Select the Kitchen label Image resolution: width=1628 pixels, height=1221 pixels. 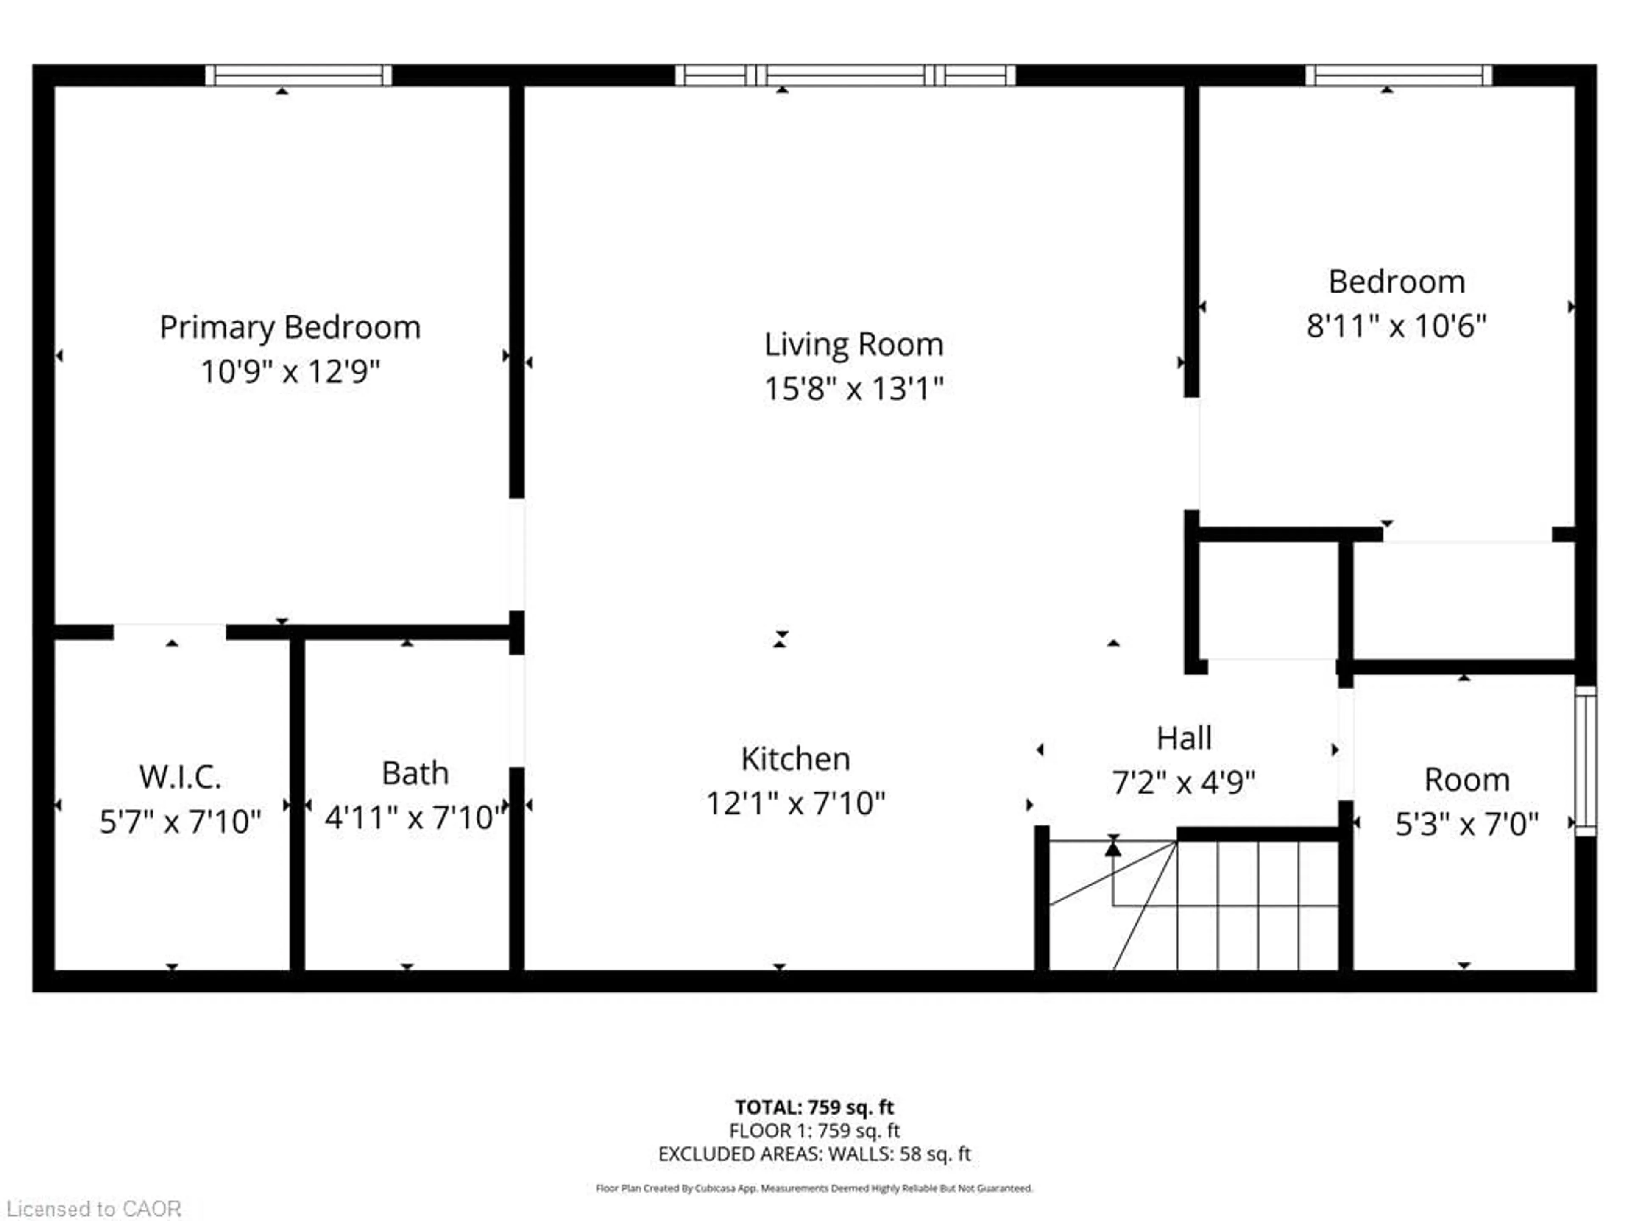[796, 759]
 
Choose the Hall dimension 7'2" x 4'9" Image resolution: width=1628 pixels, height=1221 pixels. [1183, 782]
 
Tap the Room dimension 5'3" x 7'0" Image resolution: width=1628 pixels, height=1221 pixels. [1467, 824]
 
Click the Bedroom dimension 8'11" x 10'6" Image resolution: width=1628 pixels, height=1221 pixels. [1396, 326]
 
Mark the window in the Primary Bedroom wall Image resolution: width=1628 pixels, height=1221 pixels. [298, 75]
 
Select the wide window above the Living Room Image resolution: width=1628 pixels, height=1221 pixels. [845, 75]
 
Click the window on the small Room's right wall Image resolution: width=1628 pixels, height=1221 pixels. [1586, 760]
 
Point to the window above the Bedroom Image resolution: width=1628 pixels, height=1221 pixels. [1398, 75]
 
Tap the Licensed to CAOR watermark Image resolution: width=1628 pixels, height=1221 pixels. [93, 1208]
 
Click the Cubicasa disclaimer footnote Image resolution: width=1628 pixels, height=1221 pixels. [814, 1188]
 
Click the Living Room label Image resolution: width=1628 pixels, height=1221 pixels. [854, 344]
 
